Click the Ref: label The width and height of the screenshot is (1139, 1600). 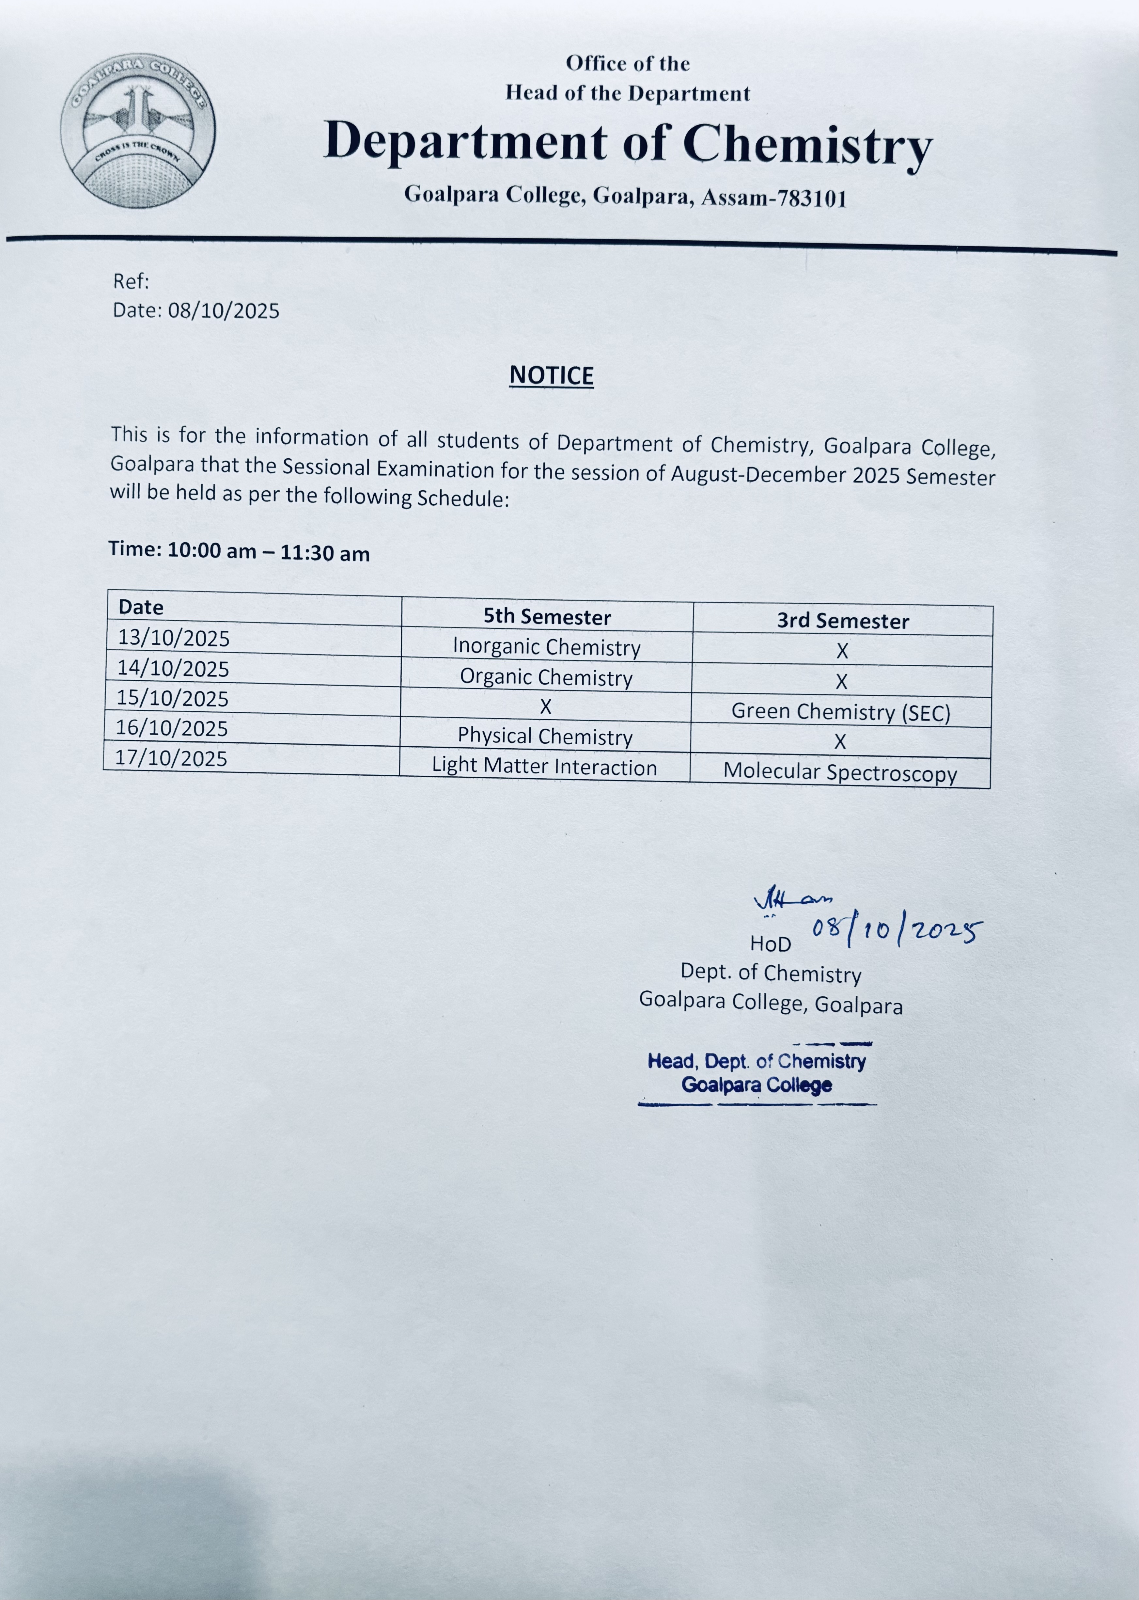pyautogui.click(x=131, y=281)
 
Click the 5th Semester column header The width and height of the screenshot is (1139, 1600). pyautogui.click(x=547, y=617)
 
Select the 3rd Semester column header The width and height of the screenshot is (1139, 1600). pyautogui.click(x=842, y=621)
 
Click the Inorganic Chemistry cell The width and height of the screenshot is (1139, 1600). pyautogui.click(x=546, y=646)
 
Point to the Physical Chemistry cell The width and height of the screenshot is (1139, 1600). pyautogui.click(x=545, y=736)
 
